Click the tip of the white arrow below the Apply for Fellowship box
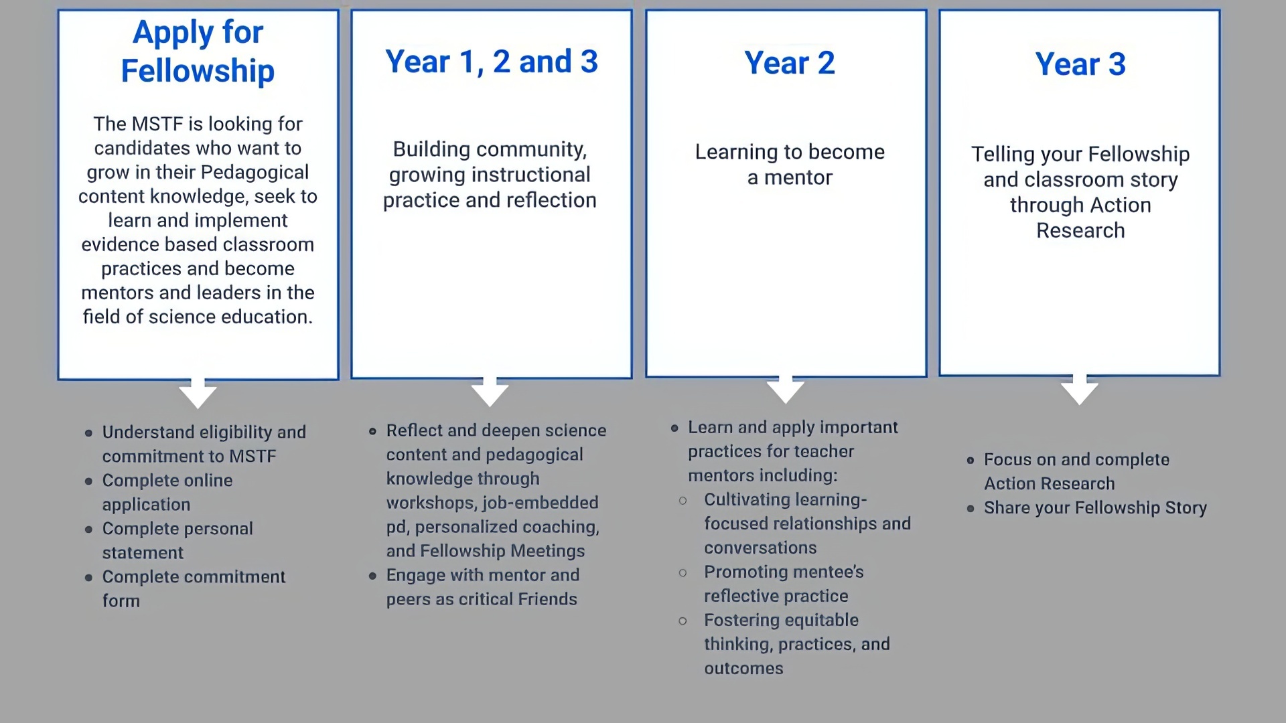[x=198, y=408]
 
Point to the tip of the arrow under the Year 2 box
[x=786, y=404]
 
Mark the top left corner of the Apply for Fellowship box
[x=58, y=10]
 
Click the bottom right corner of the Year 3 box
[x=1220, y=376]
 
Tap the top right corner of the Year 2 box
[x=926, y=10]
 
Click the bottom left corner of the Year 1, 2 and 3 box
[x=352, y=378]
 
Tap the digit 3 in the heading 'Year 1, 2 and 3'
[x=589, y=62]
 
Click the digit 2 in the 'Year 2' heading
[x=826, y=63]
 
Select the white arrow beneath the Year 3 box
[x=1080, y=390]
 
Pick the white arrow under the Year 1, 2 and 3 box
[x=490, y=392]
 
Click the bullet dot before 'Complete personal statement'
[x=89, y=530]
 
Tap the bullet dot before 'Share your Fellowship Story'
[x=971, y=509]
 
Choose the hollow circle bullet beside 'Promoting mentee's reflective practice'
[x=683, y=573]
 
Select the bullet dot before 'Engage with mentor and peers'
[x=372, y=576]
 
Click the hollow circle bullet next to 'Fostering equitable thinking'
[x=683, y=621]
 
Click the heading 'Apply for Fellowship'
[x=198, y=52]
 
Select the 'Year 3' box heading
[x=1080, y=64]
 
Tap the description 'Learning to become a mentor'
[x=790, y=165]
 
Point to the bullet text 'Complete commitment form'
[x=194, y=588]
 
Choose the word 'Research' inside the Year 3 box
[x=1080, y=230]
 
